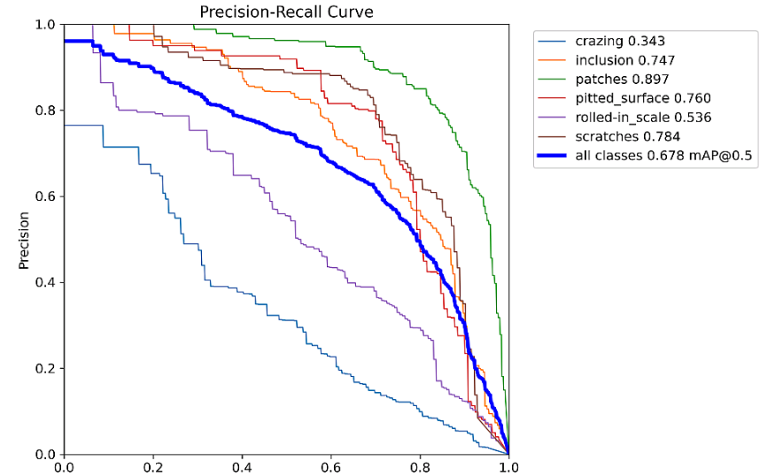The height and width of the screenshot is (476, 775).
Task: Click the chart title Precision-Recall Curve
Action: pos(286,12)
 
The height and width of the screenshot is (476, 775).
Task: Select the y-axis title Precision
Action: pos(25,240)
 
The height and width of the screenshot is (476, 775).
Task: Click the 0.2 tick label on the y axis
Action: pos(47,369)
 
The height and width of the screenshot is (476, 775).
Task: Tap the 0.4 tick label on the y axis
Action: pos(47,283)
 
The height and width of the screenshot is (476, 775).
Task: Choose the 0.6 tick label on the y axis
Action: pos(47,196)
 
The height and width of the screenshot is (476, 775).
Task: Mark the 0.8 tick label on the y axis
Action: pos(47,111)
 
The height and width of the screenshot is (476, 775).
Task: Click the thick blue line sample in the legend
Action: pos(554,156)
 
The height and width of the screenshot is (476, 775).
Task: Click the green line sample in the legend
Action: pos(554,79)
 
